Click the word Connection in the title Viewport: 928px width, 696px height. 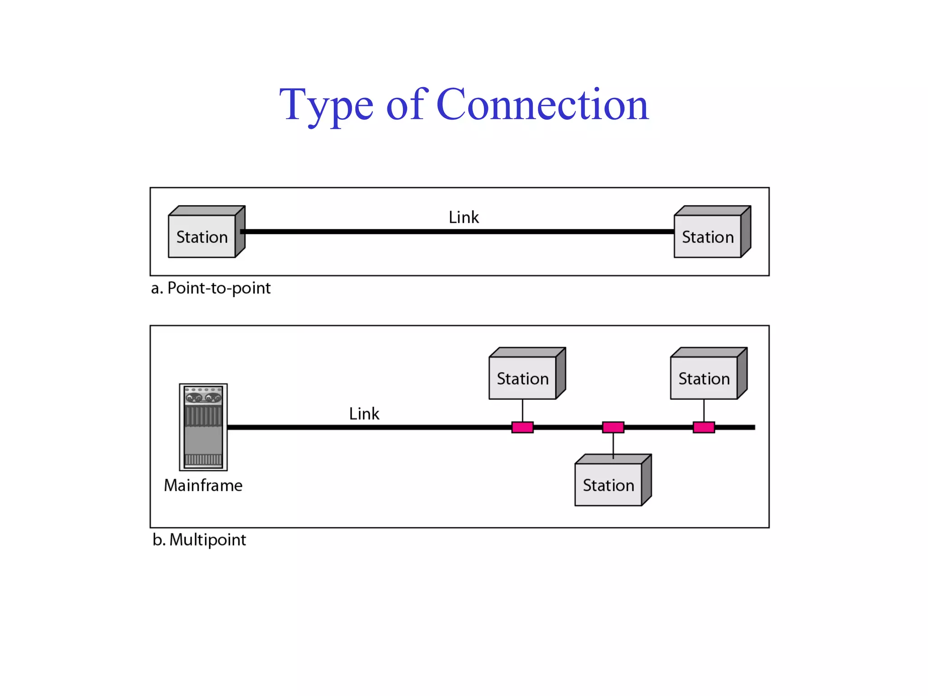click(542, 105)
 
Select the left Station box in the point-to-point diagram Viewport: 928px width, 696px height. click(202, 237)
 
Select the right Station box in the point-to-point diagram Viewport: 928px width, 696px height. click(708, 237)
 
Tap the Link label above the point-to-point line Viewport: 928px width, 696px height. click(464, 217)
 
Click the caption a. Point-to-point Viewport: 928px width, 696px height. click(211, 288)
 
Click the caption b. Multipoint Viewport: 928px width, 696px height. click(199, 540)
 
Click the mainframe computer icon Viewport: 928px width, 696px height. click(203, 427)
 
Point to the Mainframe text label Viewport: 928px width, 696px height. click(203, 485)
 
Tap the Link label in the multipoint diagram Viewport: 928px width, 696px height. click(364, 414)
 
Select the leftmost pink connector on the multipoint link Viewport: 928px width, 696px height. click(522, 427)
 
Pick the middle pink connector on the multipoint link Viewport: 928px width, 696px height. click(613, 427)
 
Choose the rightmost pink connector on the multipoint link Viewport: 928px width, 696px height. click(704, 427)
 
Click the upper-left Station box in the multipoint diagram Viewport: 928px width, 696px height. click(523, 378)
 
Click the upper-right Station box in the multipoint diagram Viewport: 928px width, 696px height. click(704, 378)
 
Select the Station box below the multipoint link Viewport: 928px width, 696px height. click(609, 485)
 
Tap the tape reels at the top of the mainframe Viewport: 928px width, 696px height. click(203, 397)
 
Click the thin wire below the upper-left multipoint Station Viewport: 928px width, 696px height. click(522, 410)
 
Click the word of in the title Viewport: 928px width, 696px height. click(406, 105)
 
